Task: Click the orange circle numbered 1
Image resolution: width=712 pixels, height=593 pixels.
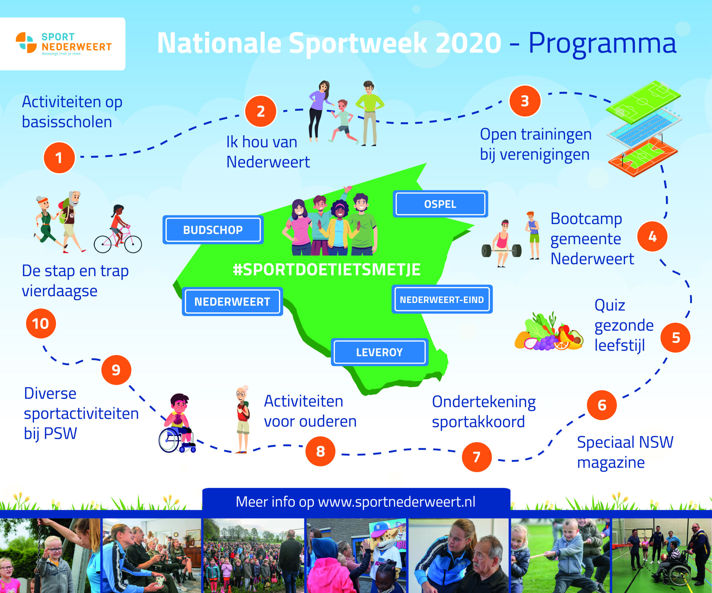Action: (x=59, y=158)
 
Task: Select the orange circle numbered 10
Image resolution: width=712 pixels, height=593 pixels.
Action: (x=41, y=323)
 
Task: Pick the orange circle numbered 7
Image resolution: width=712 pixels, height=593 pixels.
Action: (x=476, y=457)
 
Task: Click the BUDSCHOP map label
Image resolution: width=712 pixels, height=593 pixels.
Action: (x=213, y=230)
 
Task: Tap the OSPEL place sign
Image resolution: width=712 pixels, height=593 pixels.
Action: (x=440, y=204)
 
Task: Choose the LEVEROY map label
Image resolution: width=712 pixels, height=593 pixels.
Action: (x=379, y=352)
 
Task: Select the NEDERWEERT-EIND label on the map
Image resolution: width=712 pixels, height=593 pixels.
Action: (x=442, y=299)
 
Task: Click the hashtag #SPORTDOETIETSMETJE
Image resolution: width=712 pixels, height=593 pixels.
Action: (x=327, y=270)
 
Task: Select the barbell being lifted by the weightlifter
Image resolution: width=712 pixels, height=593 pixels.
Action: (x=501, y=251)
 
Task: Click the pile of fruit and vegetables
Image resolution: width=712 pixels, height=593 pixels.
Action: (x=548, y=331)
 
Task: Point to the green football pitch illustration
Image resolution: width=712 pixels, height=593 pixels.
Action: (x=643, y=101)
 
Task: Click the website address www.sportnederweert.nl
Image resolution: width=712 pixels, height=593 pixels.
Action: (x=397, y=502)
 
